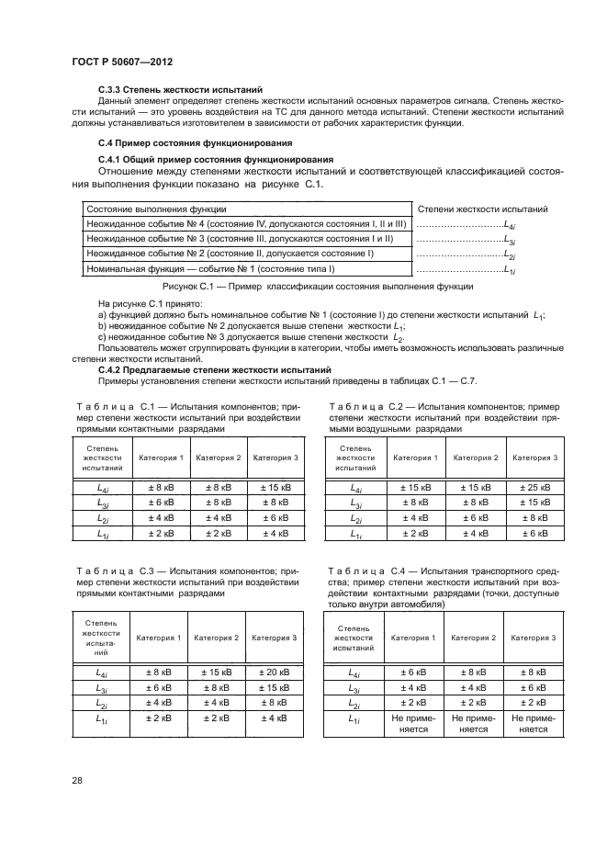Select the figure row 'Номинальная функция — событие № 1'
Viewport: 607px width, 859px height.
[209, 269]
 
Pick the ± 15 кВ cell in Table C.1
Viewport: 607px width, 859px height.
[275, 488]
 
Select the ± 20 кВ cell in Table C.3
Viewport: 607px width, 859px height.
[275, 673]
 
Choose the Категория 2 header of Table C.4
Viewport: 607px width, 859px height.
[474, 637]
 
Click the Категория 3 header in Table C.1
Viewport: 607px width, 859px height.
[275, 457]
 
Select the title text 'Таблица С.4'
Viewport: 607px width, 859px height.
[359, 571]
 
